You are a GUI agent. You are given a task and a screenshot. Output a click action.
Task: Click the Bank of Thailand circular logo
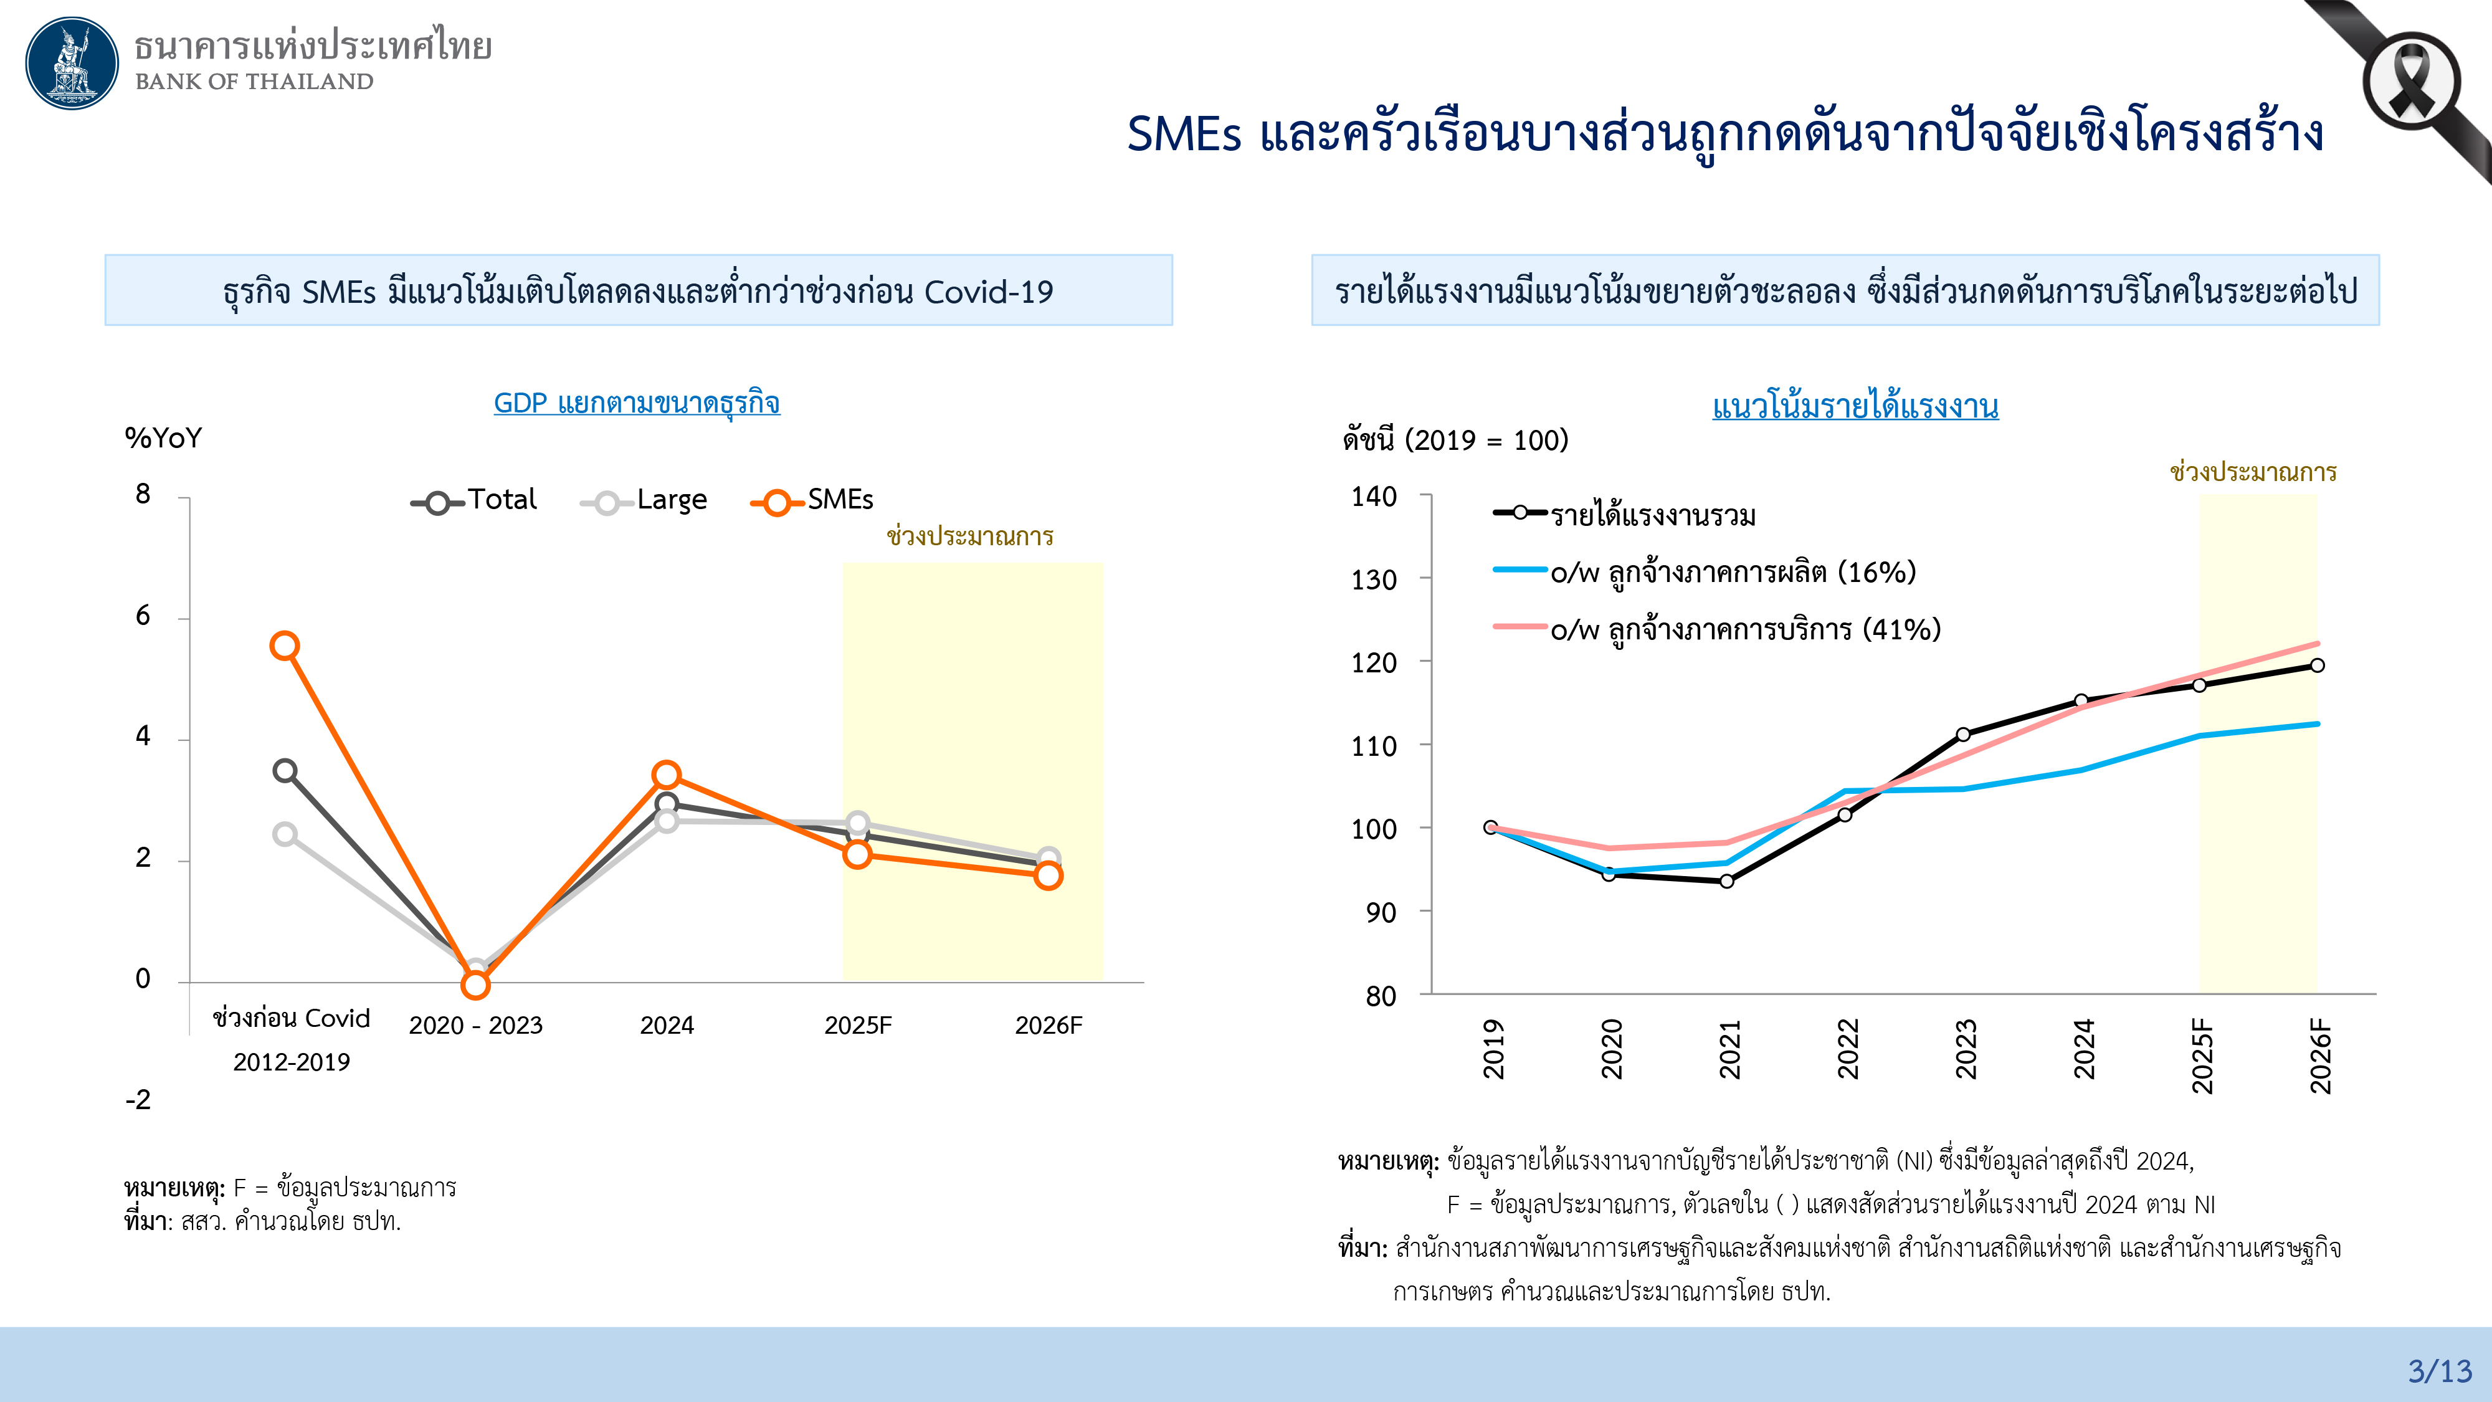coord(72,63)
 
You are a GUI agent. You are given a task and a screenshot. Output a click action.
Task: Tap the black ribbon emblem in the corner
coord(2411,82)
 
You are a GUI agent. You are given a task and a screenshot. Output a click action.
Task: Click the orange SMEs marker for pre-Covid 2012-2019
coord(285,646)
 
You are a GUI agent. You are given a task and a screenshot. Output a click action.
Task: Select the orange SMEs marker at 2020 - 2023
coord(475,985)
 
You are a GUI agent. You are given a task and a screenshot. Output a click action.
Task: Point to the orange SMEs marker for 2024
coord(667,775)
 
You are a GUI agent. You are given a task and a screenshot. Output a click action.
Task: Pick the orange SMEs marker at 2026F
coord(1048,875)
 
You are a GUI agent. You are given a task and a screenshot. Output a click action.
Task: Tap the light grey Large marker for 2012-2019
coord(285,834)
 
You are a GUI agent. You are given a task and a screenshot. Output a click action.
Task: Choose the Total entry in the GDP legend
coord(474,501)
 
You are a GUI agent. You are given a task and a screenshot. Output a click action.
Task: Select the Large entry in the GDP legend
coord(644,501)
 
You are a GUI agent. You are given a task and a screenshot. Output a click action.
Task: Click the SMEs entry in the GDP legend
coord(812,501)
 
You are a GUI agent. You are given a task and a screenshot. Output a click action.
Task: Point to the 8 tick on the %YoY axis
coord(143,494)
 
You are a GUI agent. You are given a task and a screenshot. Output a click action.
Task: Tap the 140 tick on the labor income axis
coord(1374,497)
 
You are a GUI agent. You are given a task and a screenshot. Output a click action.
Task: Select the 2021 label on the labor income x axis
coord(1729,1050)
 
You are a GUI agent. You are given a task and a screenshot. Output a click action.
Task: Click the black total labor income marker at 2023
coord(1964,735)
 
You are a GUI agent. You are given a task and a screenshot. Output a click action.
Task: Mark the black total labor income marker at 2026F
coord(2317,665)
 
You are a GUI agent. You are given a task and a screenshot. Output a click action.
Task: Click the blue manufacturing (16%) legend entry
coord(1705,573)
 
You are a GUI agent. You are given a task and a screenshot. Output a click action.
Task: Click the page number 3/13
coord(2440,1371)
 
